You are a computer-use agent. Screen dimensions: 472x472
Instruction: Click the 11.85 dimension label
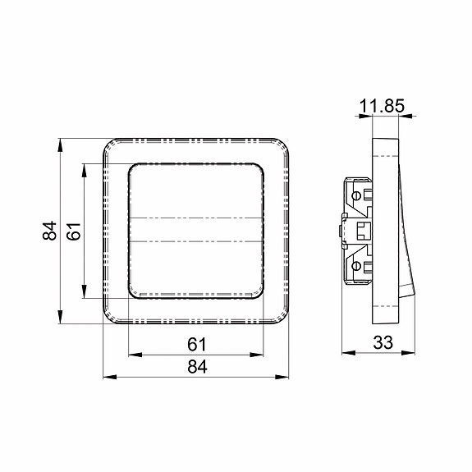382,106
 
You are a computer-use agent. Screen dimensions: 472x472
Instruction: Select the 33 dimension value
383,342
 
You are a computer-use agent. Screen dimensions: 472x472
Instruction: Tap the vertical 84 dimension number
50,231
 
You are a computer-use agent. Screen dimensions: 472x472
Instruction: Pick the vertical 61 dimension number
74,231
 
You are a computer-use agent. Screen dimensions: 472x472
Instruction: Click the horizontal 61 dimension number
197,345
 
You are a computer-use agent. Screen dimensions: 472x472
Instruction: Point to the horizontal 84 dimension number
197,367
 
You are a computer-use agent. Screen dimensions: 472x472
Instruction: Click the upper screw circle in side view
356,196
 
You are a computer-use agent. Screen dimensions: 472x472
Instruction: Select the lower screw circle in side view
356,266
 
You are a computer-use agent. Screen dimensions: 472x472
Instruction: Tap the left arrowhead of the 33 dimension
349,353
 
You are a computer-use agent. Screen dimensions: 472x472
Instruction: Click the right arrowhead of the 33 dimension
408,353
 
